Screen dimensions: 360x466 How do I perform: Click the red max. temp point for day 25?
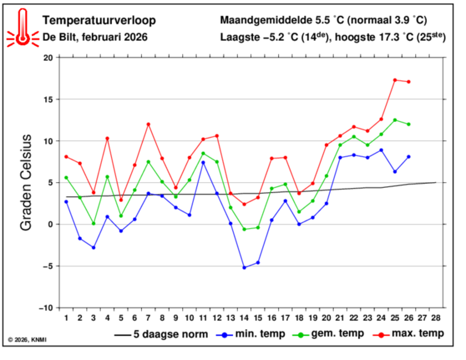coord(395,80)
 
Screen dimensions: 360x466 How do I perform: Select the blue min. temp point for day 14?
coord(244,268)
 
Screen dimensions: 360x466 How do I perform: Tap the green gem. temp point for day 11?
coord(203,153)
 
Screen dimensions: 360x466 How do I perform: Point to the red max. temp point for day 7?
coord(148,124)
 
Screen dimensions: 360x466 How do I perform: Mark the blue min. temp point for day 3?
coord(93,247)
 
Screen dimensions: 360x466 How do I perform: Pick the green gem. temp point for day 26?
coord(409,124)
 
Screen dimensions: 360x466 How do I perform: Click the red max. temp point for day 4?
coord(107,138)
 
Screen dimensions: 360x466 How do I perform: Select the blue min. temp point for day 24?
coord(381,150)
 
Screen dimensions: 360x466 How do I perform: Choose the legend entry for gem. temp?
coord(329,334)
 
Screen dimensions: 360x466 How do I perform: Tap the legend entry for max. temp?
coord(408,334)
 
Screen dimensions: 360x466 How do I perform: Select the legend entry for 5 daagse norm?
coord(161,334)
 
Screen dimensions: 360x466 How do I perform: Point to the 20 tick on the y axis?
coord(48,57)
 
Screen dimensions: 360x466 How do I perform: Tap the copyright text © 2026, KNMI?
coord(27,339)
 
